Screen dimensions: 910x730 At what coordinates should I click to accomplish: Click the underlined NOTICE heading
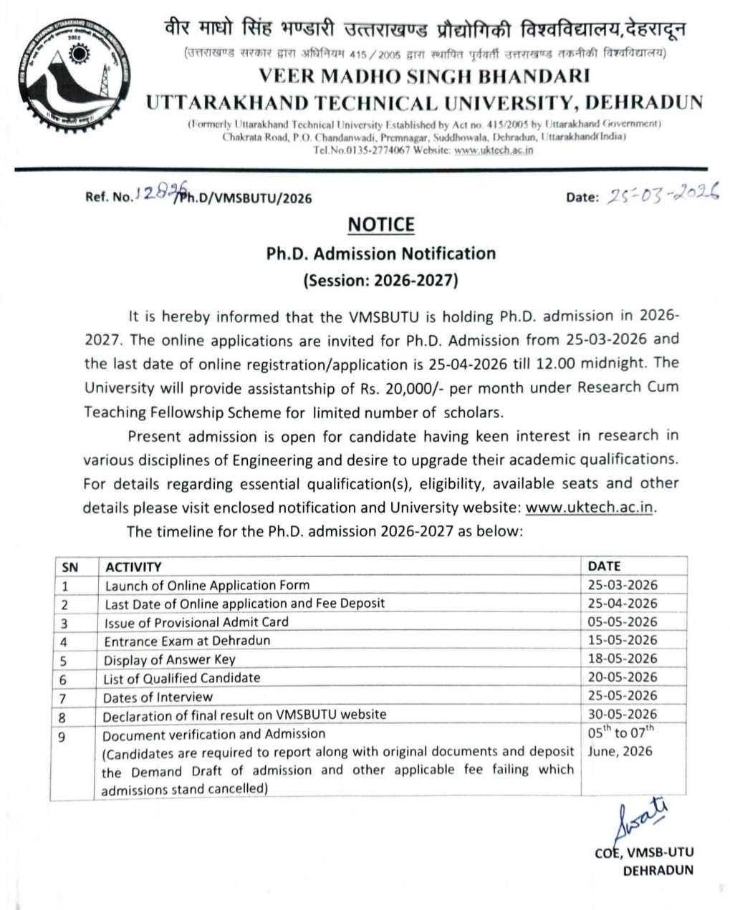[x=380, y=226]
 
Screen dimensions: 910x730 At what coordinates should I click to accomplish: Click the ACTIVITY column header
[x=133, y=567]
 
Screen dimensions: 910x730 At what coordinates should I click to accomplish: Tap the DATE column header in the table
[x=604, y=566]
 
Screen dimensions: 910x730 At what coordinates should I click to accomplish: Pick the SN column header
[x=70, y=567]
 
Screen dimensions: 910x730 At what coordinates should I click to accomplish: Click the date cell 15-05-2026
[x=622, y=640]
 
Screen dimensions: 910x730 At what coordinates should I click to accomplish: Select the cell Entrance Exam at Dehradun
[x=187, y=641]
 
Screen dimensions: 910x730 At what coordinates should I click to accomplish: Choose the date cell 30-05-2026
[x=622, y=714]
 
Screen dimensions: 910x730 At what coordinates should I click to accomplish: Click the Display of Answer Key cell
[x=169, y=659]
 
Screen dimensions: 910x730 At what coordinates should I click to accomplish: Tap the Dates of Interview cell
[x=158, y=697]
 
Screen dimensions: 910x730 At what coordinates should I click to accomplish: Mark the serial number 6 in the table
[x=63, y=679]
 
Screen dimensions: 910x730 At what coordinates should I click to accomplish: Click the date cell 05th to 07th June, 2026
[x=620, y=742]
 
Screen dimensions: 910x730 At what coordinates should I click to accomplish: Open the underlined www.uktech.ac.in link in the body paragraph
[x=590, y=508]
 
